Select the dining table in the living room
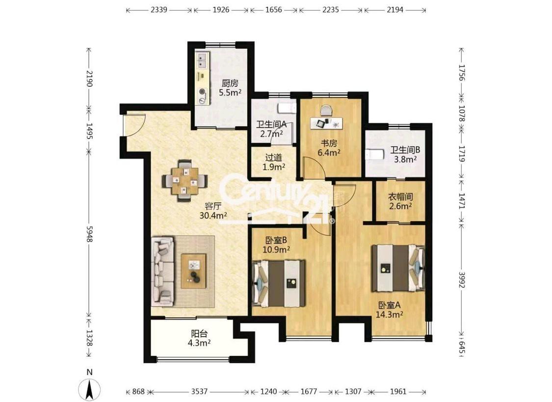[184, 180]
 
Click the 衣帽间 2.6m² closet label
[400, 201]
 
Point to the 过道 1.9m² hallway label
[273, 162]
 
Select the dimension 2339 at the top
[159, 9]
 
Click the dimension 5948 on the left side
[89, 234]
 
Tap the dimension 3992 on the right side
[461, 277]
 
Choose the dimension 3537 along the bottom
[199, 392]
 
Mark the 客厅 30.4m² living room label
[213, 210]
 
